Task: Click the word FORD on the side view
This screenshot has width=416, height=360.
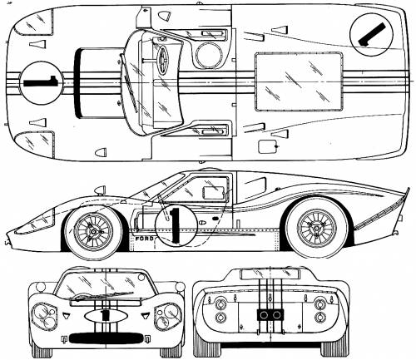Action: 143,238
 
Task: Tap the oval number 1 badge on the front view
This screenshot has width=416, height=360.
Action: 106,316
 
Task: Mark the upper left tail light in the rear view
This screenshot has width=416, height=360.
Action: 220,303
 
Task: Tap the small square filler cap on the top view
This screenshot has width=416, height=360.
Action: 268,146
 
